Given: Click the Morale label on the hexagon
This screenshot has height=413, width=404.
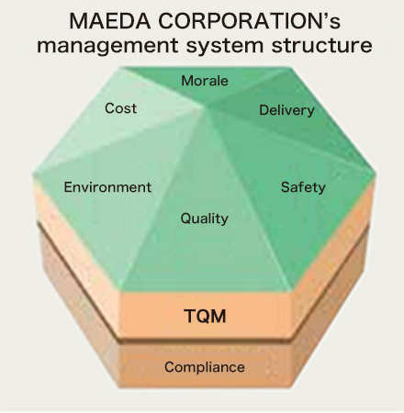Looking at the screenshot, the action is [205, 81].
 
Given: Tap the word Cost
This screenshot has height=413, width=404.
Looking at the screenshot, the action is [120, 108].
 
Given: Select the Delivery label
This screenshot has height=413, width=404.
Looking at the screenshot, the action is [286, 110].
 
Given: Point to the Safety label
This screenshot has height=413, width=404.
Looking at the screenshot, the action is [303, 187].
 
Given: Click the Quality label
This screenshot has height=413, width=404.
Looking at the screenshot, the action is [205, 218].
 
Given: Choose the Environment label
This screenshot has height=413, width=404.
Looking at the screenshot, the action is [107, 187].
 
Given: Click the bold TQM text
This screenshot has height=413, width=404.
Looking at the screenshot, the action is [205, 316].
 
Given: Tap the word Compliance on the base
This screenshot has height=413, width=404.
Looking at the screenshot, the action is [205, 367].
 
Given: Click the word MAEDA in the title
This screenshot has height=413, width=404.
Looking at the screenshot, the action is [110, 21].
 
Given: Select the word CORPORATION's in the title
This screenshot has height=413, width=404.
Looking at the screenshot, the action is [249, 21].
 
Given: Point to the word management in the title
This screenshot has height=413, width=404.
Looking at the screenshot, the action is [107, 46].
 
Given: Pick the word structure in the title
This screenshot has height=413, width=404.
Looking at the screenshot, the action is [322, 45].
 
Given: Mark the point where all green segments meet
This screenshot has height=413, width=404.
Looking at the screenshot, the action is [204, 108].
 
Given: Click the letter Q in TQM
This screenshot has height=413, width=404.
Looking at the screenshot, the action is [205, 317].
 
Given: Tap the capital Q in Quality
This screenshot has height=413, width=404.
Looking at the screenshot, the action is [185, 218].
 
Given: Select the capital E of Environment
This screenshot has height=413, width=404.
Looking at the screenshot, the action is [68, 187].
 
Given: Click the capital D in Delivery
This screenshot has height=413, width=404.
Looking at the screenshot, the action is [264, 110].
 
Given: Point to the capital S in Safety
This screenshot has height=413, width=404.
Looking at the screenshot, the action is [286, 187].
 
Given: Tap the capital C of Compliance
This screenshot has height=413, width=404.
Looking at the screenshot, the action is [170, 367].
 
